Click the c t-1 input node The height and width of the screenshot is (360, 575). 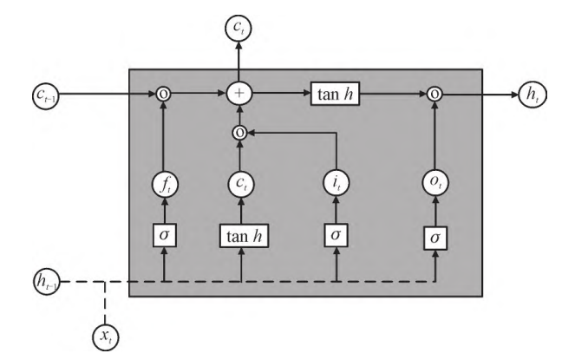point(38,89)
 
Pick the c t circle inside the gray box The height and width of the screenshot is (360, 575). point(239,185)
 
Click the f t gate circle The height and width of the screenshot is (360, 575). point(161,185)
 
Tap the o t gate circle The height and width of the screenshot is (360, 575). point(436,185)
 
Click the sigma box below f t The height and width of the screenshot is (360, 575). point(161,235)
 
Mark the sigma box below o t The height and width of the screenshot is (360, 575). point(436,236)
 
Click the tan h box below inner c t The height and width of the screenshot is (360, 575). point(239,235)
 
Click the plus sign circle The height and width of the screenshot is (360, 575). point(239,89)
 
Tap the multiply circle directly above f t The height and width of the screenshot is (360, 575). point(161,89)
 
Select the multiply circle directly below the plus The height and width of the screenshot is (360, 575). point(239,133)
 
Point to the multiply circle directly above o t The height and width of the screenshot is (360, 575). point(436,89)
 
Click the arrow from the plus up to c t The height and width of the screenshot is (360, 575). point(239,61)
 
